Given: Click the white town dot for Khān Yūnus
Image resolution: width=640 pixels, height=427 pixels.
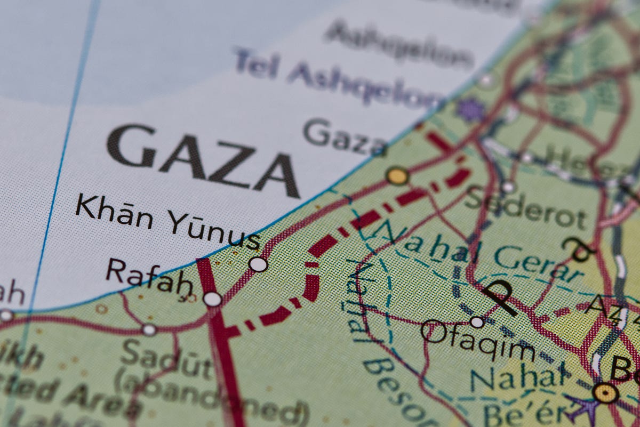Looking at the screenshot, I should (x=258, y=264).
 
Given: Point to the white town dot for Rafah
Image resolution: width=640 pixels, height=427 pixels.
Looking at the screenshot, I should (x=212, y=299).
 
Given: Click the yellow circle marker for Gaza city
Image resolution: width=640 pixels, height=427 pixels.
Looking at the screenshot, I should (x=397, y=175).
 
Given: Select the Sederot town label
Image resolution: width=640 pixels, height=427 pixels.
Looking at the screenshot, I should (x=525, y=208).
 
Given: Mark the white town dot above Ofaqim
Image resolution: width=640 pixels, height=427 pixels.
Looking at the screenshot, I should (x=477, y=322).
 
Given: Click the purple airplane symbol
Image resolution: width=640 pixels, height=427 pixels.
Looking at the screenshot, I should (x=583, y=408).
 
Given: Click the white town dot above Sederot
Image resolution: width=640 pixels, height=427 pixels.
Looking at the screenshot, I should (x=508, y=187).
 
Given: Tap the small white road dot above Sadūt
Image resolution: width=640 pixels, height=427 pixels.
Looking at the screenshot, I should (x=149, y=330).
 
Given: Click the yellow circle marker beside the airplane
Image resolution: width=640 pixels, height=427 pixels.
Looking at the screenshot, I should (x=606, y=393).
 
